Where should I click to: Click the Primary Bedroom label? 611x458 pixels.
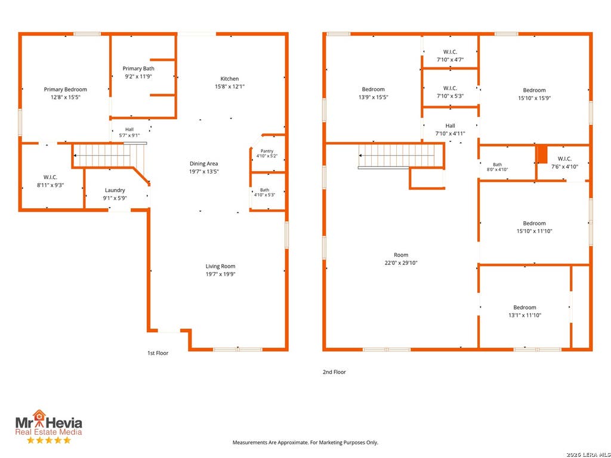coord(66,89)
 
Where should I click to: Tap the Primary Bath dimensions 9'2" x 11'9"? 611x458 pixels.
coord(138,77)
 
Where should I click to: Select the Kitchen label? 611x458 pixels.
coord(230,79)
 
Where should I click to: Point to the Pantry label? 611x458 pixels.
coord(267,151)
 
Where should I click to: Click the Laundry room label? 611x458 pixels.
coord(115,190)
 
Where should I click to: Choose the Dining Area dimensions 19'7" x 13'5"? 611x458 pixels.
coord(204,172)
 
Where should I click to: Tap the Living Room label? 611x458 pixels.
coord(221,267)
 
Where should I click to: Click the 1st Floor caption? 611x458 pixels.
coord(158,353)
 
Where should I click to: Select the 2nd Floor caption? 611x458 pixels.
coord(334,372)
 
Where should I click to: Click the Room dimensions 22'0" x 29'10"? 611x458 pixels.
coord(401,263)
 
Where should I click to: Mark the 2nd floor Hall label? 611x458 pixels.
coord(450,126)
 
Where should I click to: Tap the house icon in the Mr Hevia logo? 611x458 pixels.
coord(39,415)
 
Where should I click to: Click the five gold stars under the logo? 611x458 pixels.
coord(49,441)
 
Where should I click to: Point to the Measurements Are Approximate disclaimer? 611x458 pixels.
coord(305,442)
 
